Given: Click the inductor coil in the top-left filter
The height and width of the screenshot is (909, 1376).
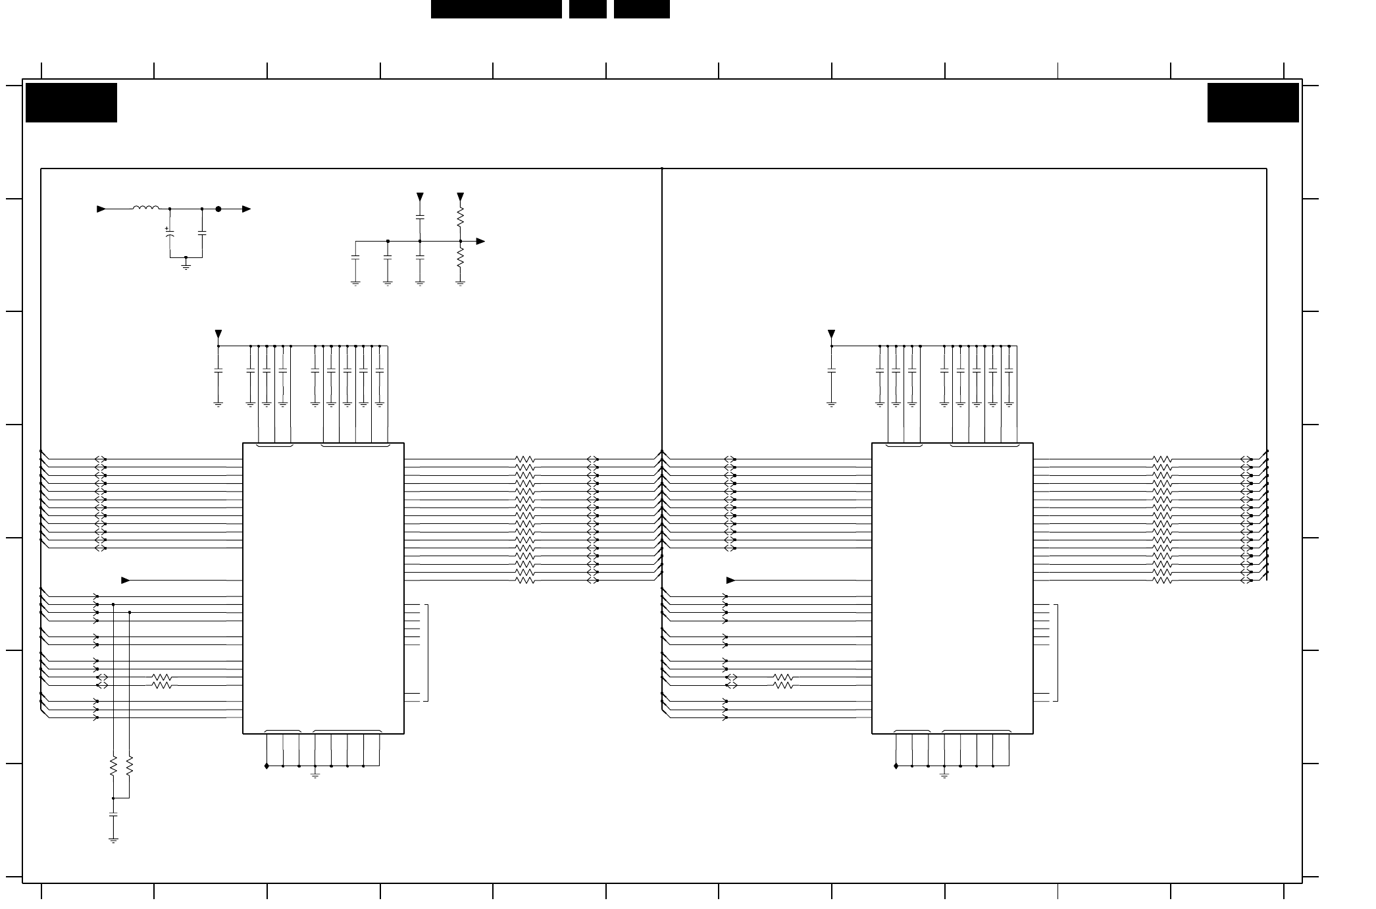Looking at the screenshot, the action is click(x=145, y=209).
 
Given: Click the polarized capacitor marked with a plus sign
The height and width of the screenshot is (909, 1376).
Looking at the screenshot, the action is click(x=170, y=233).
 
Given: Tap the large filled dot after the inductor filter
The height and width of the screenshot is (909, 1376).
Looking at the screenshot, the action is click(x=218, y=209).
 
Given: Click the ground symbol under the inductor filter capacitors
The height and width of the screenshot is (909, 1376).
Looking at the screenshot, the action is click(x=186, y=265).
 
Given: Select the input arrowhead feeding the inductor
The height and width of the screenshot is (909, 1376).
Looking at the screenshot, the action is click(x=101, y=209).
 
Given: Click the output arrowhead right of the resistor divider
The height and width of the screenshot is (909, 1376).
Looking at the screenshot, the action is click(x=480, y=242).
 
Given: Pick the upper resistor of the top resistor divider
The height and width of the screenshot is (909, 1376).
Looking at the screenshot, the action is click(x=461, y=217).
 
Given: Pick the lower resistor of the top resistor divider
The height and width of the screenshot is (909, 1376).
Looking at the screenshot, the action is click(x=461, y=257).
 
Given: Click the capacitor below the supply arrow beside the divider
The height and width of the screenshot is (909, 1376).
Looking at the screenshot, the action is click(x=420, y=216).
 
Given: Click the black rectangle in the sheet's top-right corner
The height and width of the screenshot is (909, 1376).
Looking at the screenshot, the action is click(x=1252, y=103).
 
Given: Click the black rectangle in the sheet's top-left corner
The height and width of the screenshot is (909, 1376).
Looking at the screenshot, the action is click(x=71, y=103).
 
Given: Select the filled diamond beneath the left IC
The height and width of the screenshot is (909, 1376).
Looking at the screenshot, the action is click(x=267, y=766).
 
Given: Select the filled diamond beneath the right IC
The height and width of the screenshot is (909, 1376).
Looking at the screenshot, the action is click(x=896, y=766).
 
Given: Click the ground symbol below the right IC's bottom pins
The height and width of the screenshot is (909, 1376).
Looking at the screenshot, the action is click(x=944, y=775).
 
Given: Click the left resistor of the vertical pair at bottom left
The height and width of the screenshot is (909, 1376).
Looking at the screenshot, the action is click(x=113, y=766).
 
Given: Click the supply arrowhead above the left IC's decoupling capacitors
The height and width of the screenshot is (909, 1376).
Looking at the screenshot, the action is click(x=218, y=334).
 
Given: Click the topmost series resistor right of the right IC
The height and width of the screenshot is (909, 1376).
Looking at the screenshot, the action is click(x=1162, y=459).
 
